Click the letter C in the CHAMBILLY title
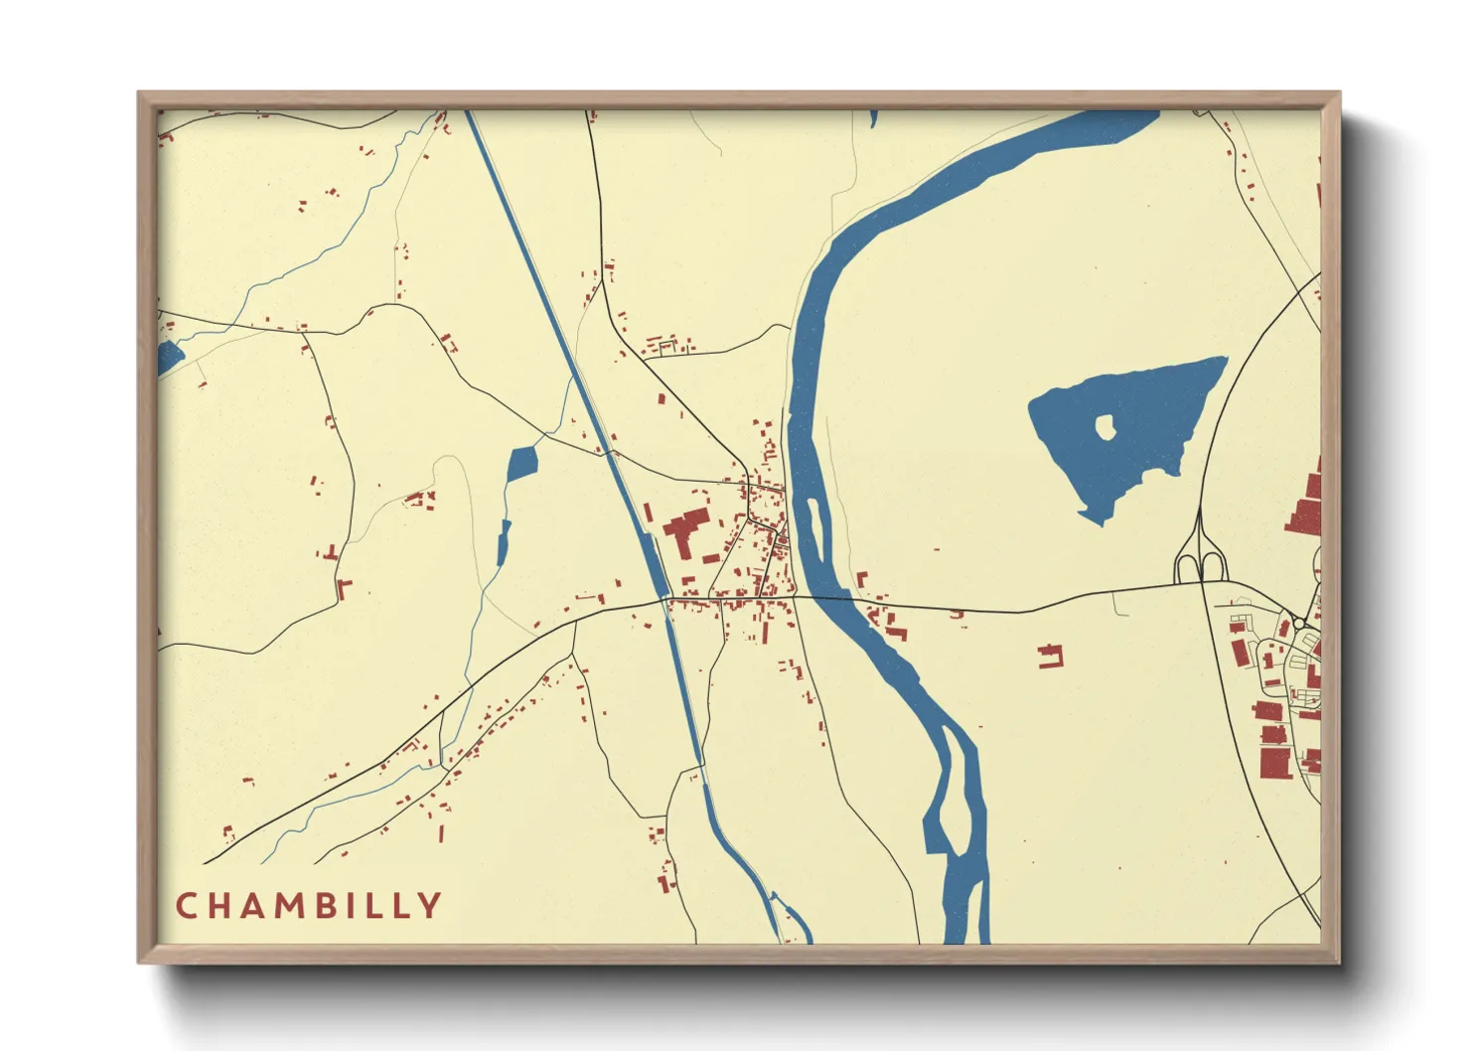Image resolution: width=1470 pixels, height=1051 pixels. (x=186, y=906)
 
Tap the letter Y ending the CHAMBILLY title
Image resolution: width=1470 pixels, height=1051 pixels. (x=430, y=906)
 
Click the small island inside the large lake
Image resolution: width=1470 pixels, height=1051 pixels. (x=1104, y=427)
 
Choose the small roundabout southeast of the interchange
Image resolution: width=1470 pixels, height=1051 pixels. (x=1298, y=624)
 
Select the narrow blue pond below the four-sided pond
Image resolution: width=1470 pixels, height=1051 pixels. (x=503, y=541)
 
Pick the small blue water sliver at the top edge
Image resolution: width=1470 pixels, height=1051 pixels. (x=873, y=118)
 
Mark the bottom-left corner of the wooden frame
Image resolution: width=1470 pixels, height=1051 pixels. (x=141, y=961)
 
